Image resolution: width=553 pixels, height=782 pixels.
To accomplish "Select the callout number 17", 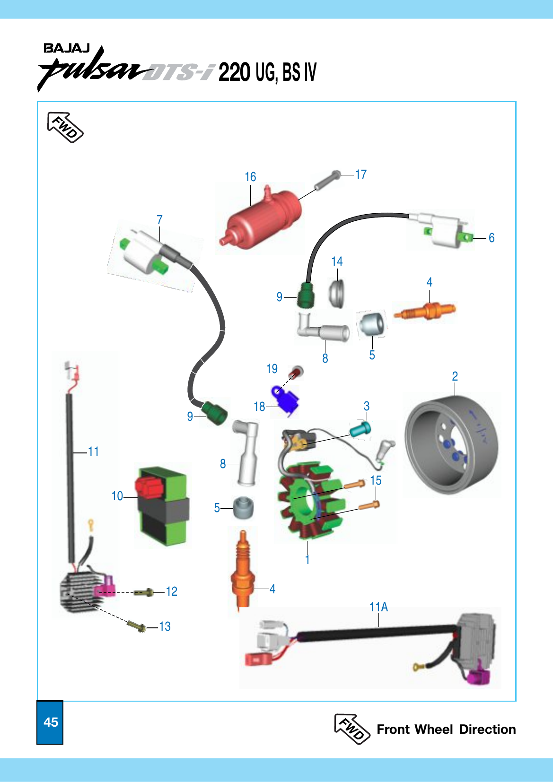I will coord(361,175).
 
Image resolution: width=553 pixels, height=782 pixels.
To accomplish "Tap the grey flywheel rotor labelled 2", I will coord(452,444).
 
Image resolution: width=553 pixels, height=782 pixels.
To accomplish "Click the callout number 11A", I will coord(378,607).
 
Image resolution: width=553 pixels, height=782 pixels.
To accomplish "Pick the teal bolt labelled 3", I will coord(360,429).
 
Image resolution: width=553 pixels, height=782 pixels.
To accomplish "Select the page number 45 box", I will coord(50,722).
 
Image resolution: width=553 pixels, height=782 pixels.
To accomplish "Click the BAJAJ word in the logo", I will coord(66,48).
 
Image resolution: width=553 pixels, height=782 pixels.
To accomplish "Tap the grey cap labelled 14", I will coord(337,293).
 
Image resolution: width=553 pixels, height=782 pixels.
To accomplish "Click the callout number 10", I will coord(117,496).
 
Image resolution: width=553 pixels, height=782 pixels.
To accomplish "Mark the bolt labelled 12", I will coord(143,592).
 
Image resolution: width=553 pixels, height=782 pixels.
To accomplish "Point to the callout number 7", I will coord(159,220).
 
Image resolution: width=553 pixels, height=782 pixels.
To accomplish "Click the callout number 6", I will coord(492,238).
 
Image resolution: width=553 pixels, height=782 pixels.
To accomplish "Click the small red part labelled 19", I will coord(297,372).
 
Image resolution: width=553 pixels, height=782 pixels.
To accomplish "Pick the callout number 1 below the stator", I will coord(307,560).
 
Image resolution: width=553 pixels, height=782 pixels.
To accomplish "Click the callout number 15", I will coord(376,480).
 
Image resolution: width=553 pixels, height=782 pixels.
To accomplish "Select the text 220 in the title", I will coord(234,72).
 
